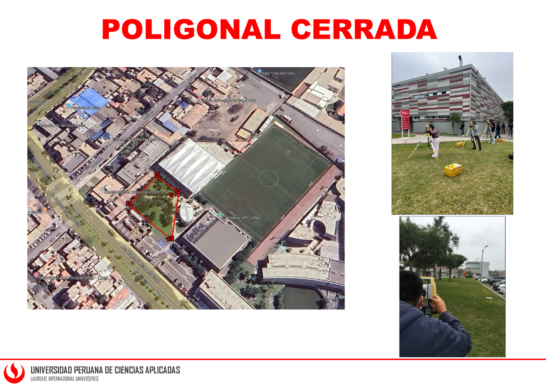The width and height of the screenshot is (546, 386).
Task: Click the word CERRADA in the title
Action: coord(364,30)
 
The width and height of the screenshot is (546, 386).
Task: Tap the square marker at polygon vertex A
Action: coord(171,239)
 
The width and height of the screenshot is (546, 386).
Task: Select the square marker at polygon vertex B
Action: coord(178,191)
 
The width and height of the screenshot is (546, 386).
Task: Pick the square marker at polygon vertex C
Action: coord(157,175)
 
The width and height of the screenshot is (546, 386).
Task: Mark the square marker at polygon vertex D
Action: coord(128,203)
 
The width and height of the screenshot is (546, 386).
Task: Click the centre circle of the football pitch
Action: coord(268,178)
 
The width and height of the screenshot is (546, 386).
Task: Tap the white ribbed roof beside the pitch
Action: coord(191,164)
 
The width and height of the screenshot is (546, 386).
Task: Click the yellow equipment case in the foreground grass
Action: coord(453,170)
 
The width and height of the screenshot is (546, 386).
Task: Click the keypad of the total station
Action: coord(427,311)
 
